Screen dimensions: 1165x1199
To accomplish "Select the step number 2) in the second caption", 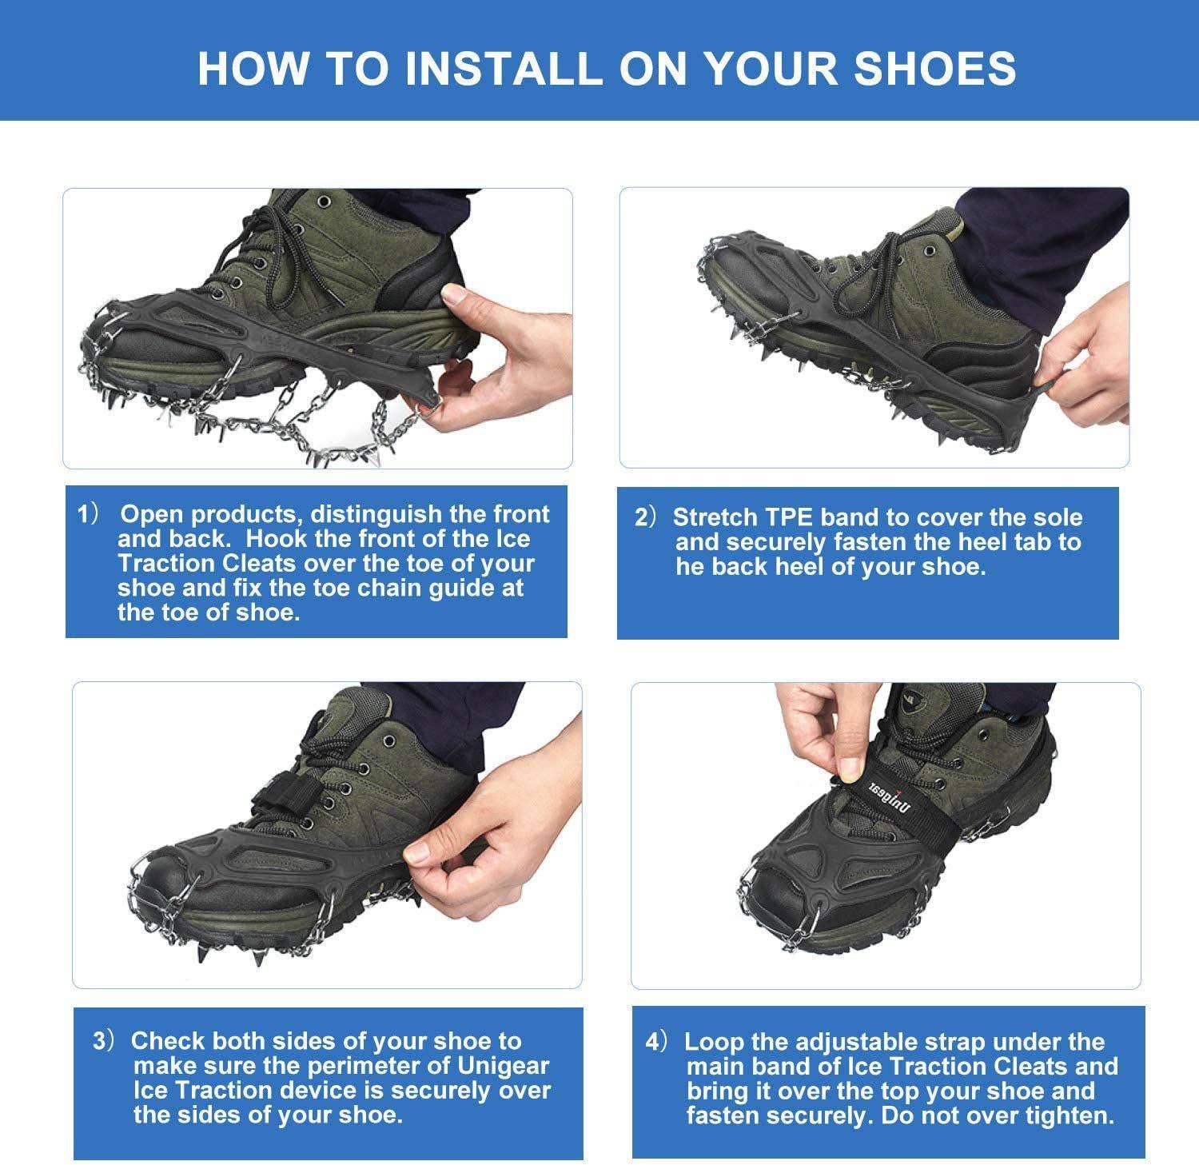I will pyautogui.click(x=645, y=517).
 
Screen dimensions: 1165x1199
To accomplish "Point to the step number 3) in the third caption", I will pyautogui.click(x=105, y=1041).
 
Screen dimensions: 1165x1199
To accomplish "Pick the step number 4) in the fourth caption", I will pyautogui.click(x=656, y=1042).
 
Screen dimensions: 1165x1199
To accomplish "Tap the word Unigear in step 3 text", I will pyautogui.click(x=503, y=1066).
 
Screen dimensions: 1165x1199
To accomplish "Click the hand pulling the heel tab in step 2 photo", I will pyautogui.click(x=1087, y=368).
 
